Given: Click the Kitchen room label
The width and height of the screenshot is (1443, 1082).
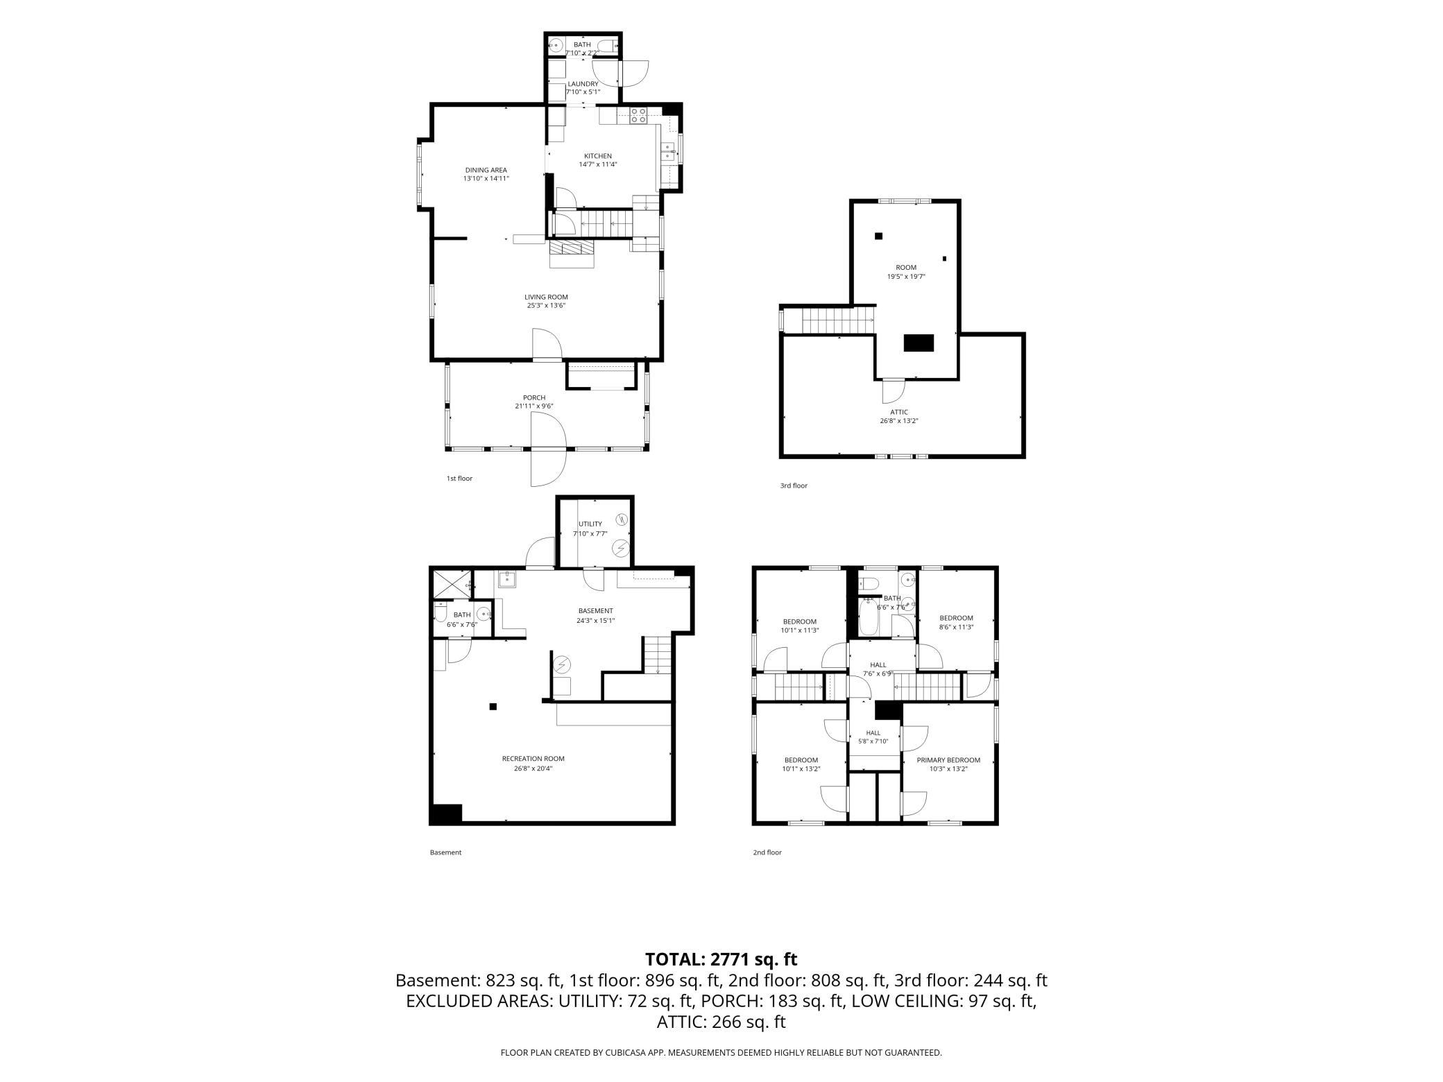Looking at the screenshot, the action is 597,156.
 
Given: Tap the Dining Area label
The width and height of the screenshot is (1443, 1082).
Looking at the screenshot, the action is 486,170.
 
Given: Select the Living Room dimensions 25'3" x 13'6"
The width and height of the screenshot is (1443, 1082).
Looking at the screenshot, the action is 546,305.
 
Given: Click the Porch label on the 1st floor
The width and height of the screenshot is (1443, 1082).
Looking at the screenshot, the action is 534,397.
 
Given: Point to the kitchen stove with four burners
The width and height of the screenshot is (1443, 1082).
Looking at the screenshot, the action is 638,116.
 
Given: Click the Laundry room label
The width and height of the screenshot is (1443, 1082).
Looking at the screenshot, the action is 583,84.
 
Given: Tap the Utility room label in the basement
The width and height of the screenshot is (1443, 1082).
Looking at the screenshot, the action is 590,524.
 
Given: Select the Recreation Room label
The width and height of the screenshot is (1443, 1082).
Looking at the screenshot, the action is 533,759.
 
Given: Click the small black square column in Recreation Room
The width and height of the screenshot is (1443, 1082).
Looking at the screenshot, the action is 493,707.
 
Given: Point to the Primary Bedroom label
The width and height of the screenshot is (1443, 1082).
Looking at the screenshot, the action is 948,760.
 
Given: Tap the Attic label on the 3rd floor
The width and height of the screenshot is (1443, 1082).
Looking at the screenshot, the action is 899,412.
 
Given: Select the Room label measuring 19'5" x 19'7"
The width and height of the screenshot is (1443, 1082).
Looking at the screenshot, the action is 906,268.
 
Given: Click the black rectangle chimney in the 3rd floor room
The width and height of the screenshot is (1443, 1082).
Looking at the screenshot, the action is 919,343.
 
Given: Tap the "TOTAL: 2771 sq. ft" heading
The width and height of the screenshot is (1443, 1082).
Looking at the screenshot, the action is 721,959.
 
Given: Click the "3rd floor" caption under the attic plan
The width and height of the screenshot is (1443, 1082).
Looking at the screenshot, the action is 794,486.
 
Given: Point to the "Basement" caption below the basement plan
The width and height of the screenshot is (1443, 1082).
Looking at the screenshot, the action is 445,852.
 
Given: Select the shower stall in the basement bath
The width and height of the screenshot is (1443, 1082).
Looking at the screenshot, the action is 452,584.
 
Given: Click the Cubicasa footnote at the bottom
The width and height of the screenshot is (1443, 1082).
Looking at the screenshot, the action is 721,1052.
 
